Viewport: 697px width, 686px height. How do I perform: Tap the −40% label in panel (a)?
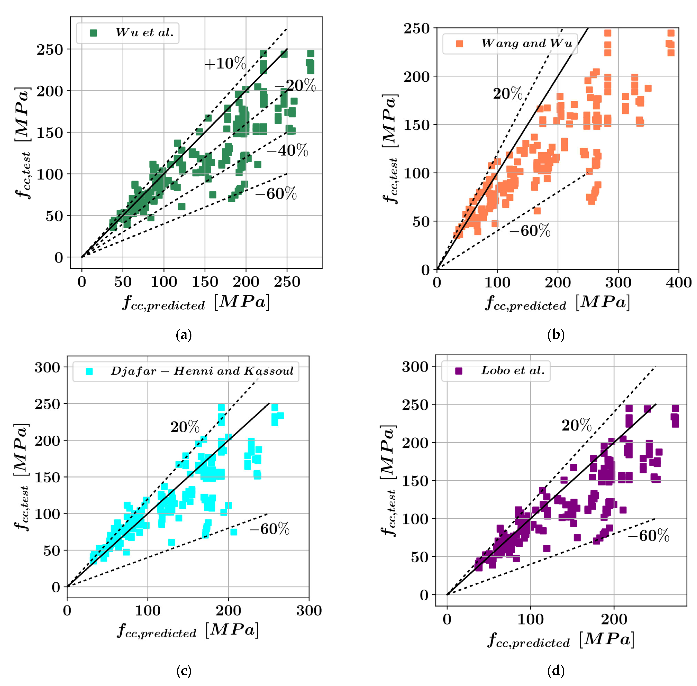(287, 150)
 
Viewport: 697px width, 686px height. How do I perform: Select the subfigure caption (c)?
(184, 671)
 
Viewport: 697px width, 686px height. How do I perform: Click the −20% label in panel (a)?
(295, 85)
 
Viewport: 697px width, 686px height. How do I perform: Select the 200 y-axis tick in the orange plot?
(417, 76)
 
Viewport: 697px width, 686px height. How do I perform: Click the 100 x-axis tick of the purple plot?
(530, 619)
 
